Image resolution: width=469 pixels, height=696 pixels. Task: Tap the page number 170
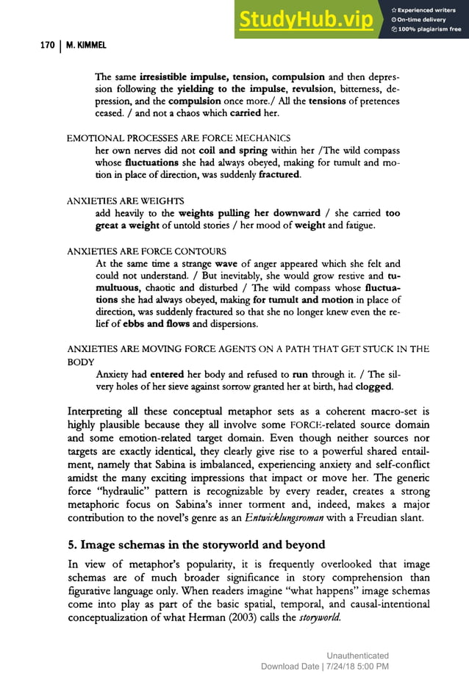[46, 46]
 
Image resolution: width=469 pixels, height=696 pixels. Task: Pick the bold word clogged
[379, 386]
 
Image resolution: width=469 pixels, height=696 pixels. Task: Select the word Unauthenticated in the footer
[358, 656]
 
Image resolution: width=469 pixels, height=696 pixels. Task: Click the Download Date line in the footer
[325, 666]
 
